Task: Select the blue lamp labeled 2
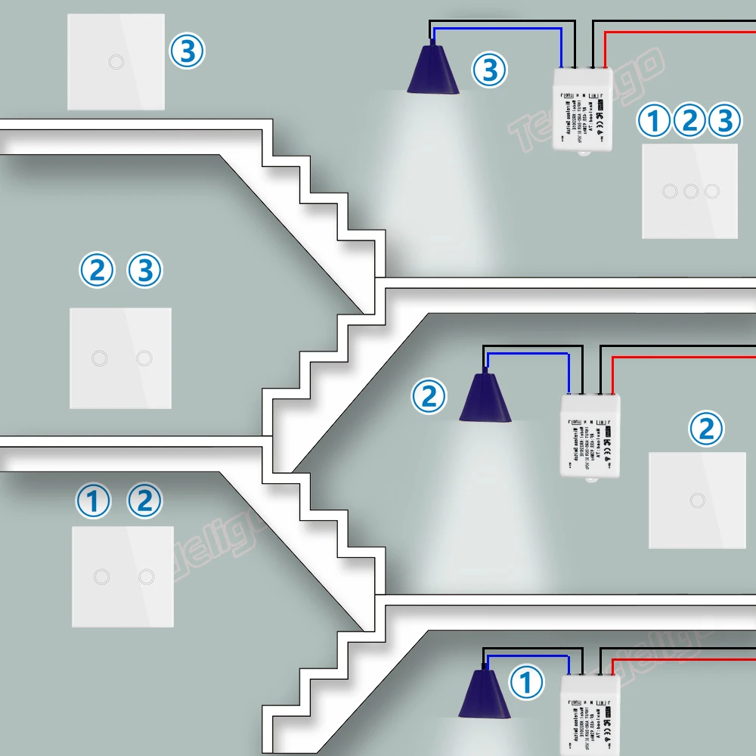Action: (x=485, y=397)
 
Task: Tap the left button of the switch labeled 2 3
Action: (x=98, y=358)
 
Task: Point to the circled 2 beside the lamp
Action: (x=429, y=396)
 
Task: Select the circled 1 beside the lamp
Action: (x=527, y=683)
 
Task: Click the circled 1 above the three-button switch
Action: (x=653, y=121)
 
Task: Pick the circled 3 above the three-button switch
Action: (x=724, y=121)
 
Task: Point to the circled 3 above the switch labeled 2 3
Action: (x=144, y=270)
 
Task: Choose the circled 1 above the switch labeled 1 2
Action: (x=94, y=501)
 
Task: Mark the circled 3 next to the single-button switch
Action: (x=186, y=52)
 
